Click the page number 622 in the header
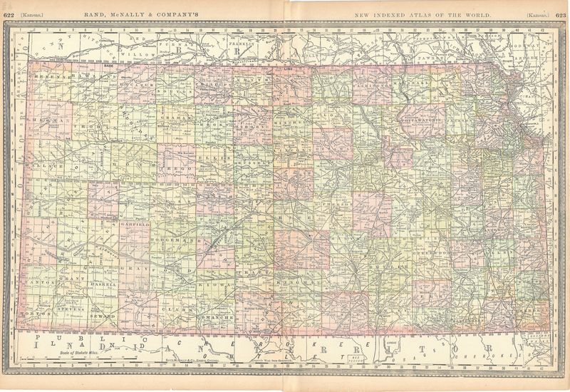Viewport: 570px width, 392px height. click(9, 14)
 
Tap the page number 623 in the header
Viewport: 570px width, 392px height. click(561, 14)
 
